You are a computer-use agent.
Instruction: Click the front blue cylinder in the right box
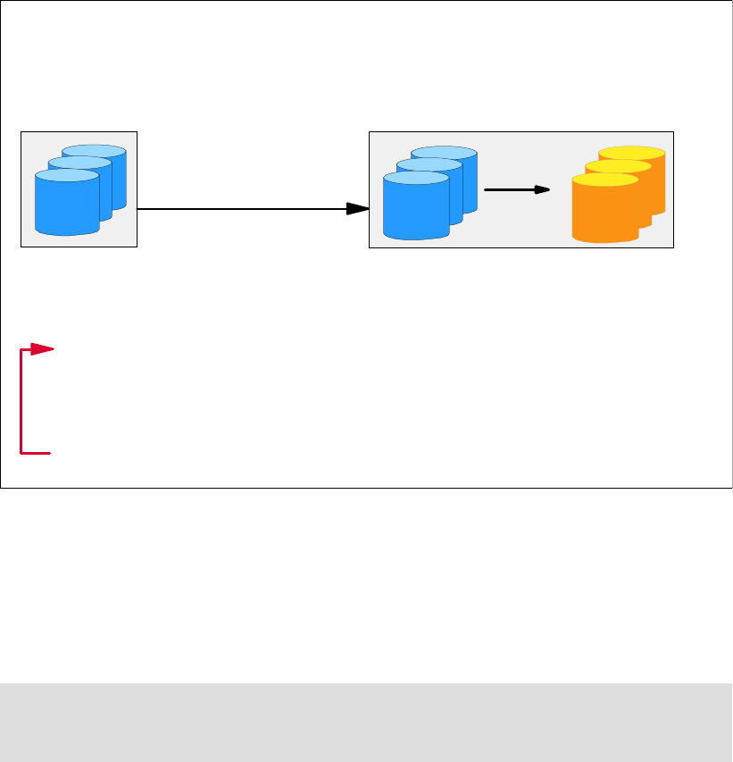tap(415, 211)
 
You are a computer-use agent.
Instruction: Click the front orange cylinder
tap(604, 214)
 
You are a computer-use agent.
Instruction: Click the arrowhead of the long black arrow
tap(358, 208)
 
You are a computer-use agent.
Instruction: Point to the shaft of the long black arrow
tap(241, 208)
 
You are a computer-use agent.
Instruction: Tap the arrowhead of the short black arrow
tap(541, 190)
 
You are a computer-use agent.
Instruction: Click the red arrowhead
tap(43, 349)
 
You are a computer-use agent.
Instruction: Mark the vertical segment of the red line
tap(21, 402)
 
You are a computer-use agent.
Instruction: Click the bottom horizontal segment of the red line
tap(37, 454)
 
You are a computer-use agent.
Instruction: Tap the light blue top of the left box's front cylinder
tap(66, 176)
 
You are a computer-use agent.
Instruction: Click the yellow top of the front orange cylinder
tap(604, 180)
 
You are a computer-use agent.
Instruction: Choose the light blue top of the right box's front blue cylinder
tap(415, 179)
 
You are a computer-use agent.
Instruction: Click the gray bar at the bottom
tap(366, 723)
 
